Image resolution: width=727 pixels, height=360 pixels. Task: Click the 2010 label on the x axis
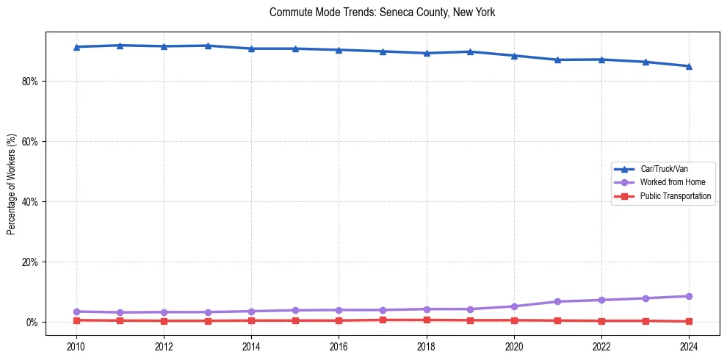76,346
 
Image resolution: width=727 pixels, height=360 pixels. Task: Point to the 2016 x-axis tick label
339,346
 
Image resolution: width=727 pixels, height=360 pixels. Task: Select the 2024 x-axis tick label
689,346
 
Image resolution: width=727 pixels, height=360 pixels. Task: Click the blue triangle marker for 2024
689,66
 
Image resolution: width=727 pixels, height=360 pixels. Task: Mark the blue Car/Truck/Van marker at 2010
76,47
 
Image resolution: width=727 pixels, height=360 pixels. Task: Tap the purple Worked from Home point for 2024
689,296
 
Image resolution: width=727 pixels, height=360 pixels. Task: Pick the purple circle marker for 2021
557,301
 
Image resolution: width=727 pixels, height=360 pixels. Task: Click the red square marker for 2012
164,321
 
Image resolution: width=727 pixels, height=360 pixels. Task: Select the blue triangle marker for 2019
470,51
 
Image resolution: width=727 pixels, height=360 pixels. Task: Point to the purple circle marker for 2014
251,312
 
